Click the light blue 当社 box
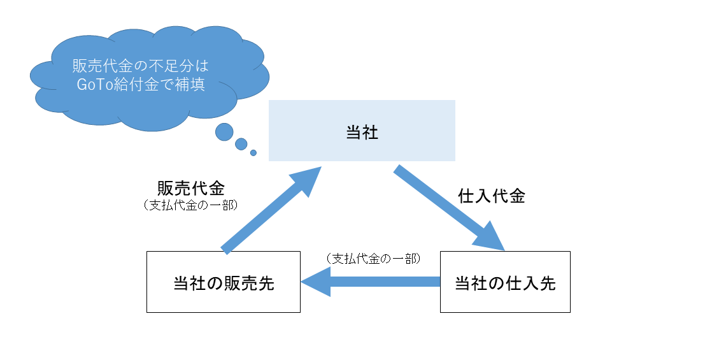[x=362, y=131]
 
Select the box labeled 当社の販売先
[x=223, y=282]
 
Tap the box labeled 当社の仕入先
[x=505, y=282]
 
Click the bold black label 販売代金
[x=190, y=189]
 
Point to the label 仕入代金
[x=491, y=196]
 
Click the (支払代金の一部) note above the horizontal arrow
[x=373, y=259]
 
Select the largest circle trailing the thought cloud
[x=224, y=132]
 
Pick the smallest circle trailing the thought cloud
[x=253, y=153]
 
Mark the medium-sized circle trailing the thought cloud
[x=241, y=144]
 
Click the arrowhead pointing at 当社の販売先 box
[x=316, y=282]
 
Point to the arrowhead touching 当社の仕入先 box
[x=490, y=239]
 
